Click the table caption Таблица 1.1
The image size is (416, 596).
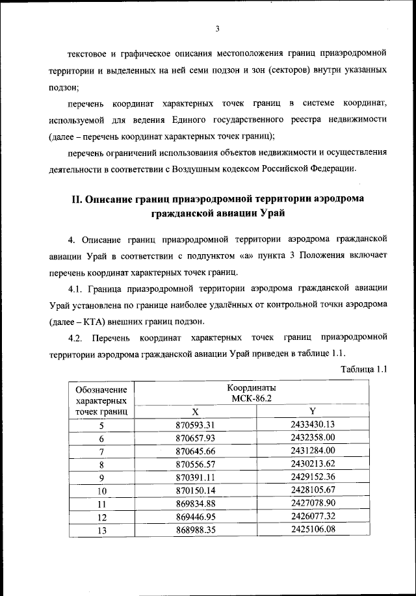coord(364,369)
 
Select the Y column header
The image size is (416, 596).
coord(313,411)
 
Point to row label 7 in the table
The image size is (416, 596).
coord(101,452)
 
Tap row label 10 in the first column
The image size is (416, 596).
coord(101,491)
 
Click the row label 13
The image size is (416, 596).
coord(101,530)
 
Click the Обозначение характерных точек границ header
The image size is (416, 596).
coord(101,400)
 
